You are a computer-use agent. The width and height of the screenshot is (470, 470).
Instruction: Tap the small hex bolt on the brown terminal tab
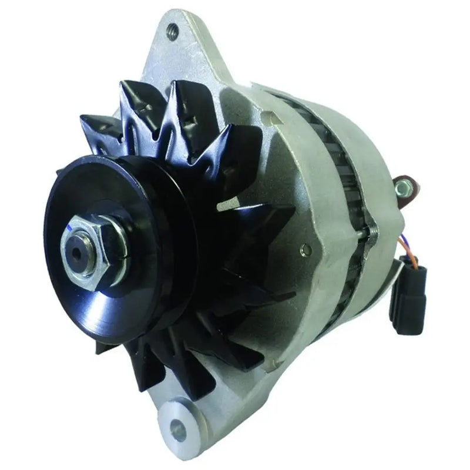(x=402, y=187)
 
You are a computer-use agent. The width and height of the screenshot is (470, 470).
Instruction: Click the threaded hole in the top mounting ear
(x=172, y=32)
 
